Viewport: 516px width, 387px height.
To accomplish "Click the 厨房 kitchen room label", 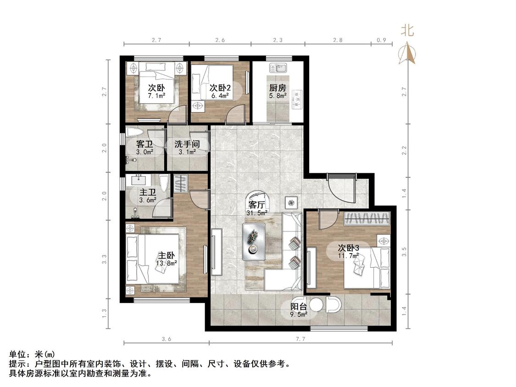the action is coord(277,88).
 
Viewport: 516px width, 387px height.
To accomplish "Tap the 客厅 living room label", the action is coord(257,205).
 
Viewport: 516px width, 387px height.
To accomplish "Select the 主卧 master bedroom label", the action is coord(166,255).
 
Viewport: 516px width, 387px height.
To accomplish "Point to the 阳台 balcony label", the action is coord(299,306).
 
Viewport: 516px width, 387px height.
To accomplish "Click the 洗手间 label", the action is coord(187,144).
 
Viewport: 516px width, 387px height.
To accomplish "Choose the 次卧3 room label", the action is coord(349,248).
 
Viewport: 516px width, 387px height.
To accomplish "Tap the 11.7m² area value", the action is coord(349,255).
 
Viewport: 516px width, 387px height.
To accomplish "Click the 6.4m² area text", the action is coord(220,96).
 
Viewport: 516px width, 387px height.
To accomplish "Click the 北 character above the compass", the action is coord(407,31).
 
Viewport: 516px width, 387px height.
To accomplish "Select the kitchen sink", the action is coord(278,68).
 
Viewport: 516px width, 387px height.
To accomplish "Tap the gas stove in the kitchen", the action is coord(297,99).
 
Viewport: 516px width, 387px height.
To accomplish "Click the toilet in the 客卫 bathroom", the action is coord(135,133).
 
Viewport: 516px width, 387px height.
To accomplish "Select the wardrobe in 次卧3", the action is coord(367,219).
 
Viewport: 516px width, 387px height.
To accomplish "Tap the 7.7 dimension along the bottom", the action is coord(300,338).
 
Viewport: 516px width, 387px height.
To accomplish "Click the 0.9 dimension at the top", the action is coord(381,40).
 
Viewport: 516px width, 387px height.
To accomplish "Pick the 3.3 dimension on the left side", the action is coord(104,260).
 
